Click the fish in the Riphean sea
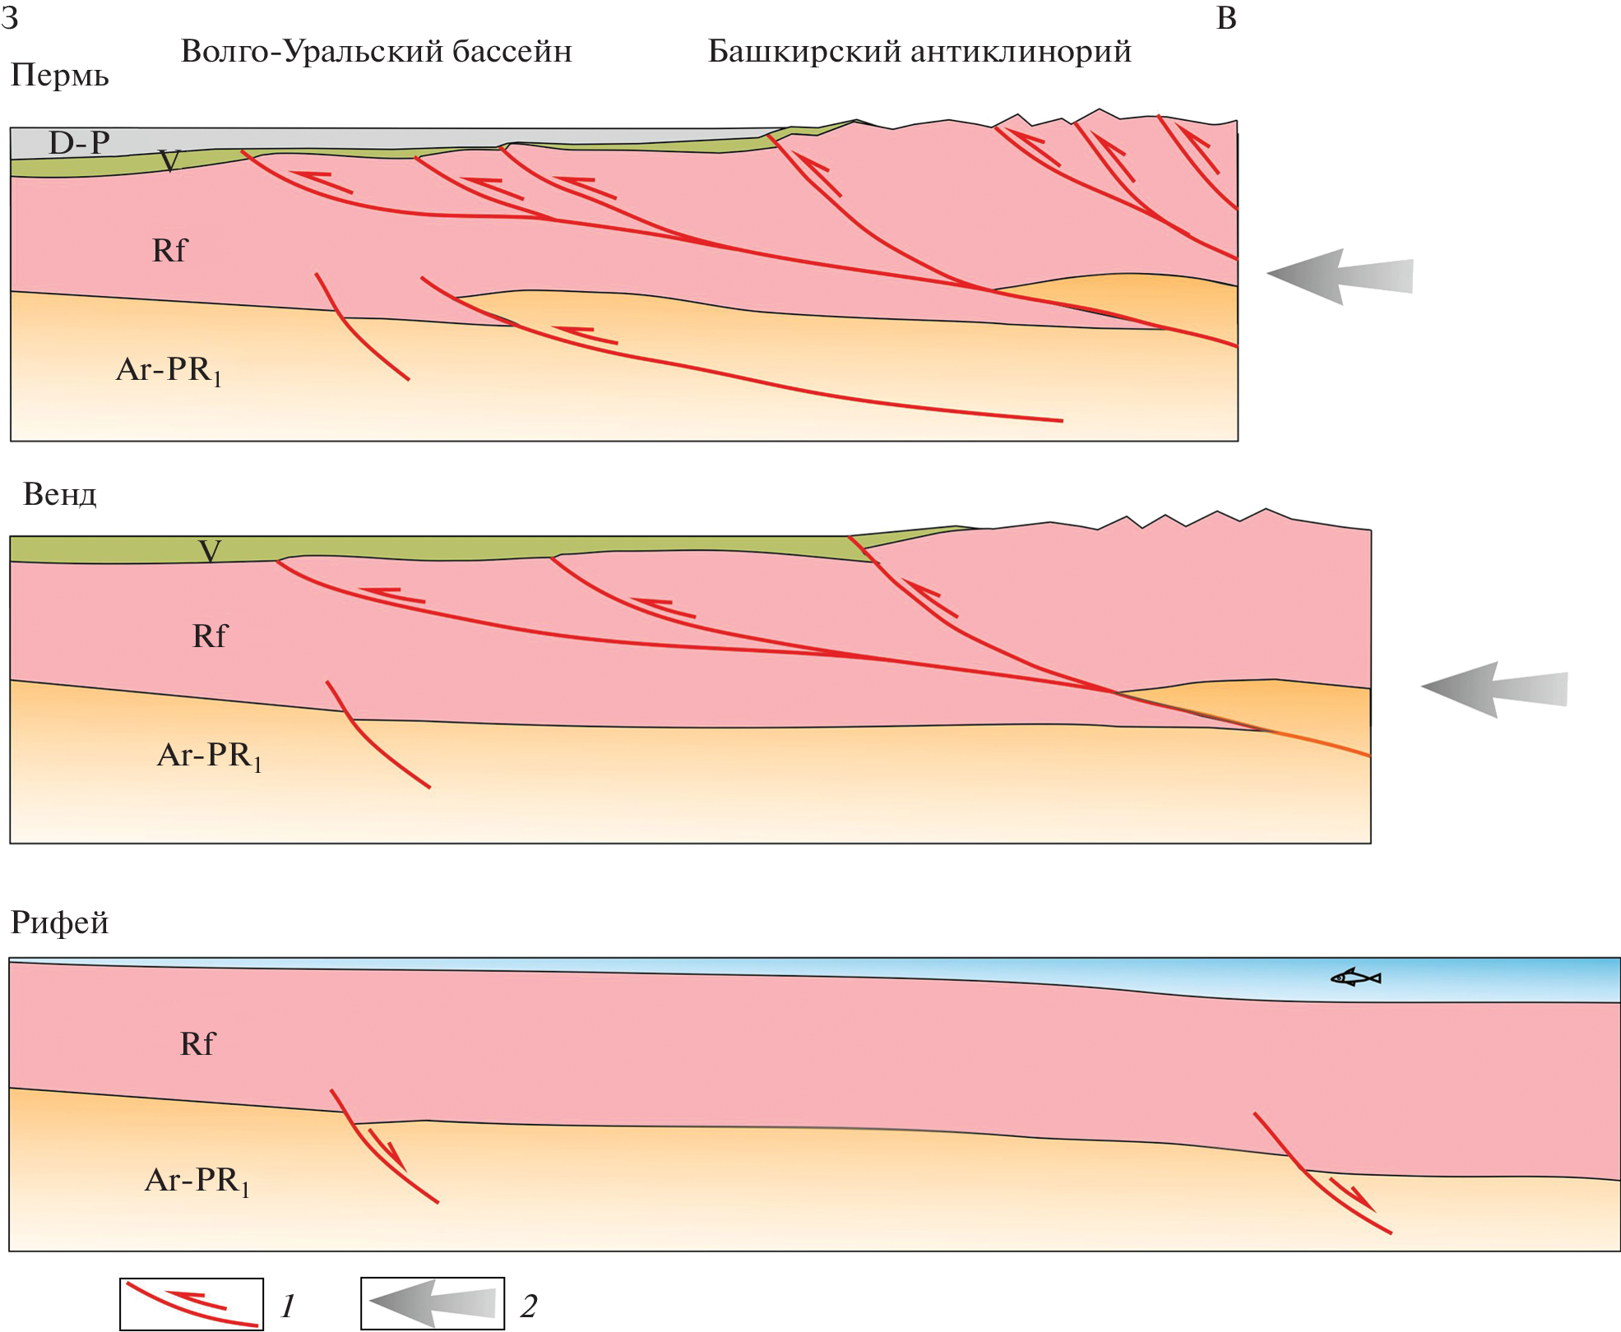coord(1355,978)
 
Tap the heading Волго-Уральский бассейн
coord(376,52)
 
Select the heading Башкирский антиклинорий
coord(919,52)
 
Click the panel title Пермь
coord(59,76)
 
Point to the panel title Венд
coord(59,494)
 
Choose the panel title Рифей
coord(59,923)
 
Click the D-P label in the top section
coord(79,143)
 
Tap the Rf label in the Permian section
coord(169,250)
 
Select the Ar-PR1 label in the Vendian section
coord(209,755)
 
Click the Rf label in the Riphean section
coord(197,1043)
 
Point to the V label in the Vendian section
coord(210,550)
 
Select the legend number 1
coord(288,1306)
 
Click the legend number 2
coord(529,1306)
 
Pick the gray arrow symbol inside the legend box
coord(433,1303)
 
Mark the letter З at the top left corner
coord(10,18)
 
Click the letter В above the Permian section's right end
coord(1225,18)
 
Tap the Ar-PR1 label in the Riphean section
coord(197,1181)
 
